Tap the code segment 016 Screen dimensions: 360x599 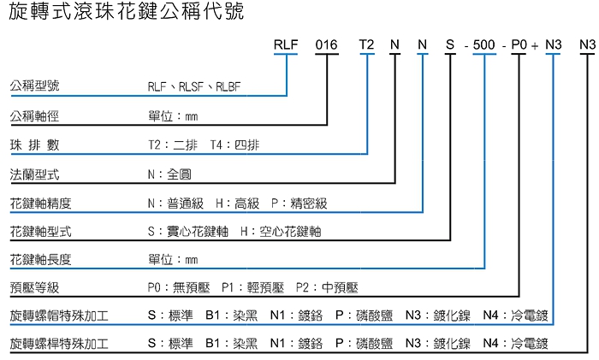click(328, 44)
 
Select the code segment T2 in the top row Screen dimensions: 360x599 click(366, 44)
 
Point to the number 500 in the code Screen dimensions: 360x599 click(484, 44)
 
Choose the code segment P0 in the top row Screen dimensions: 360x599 click(520, 44)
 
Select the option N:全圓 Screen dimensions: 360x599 click(169, 174)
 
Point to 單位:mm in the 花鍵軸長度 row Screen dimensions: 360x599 click(172, 259)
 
